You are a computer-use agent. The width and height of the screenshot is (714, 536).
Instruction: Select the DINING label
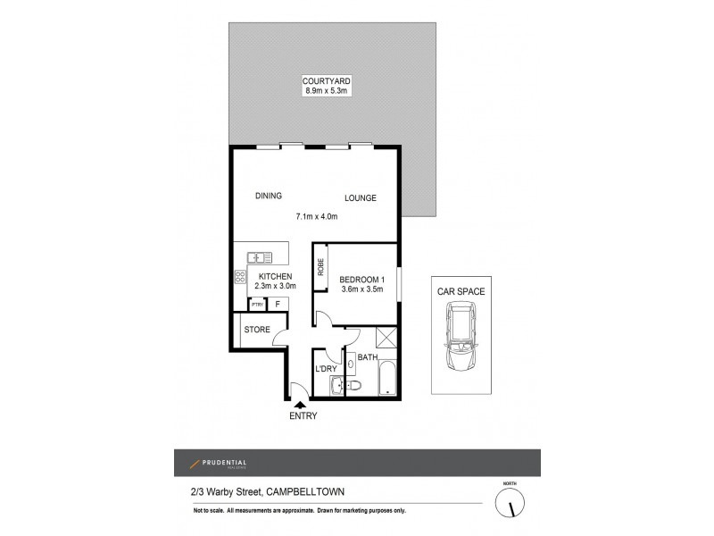(x=268, y=197)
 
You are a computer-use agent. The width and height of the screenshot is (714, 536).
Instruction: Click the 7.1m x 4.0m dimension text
(x=316, y=216)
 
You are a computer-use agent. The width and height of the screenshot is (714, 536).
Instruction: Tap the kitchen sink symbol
(x=261, y=257)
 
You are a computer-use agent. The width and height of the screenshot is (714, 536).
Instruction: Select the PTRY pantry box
(x=257, y=304)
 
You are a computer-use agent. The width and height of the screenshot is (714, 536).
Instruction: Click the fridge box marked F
(x=278, y=304)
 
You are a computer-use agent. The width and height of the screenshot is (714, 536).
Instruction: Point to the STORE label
(x=257, y=330)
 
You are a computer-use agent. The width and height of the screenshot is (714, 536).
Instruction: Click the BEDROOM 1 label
(x=362, y=276)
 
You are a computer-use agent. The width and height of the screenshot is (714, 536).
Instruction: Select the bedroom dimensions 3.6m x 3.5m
(x=362, y=288)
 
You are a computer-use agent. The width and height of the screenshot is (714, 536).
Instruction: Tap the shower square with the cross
(x=387, y=339)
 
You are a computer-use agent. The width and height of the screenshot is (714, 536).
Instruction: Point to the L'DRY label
(x=325, y=369)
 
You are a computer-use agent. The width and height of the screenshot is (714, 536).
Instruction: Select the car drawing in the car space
(x=459, y=340)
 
